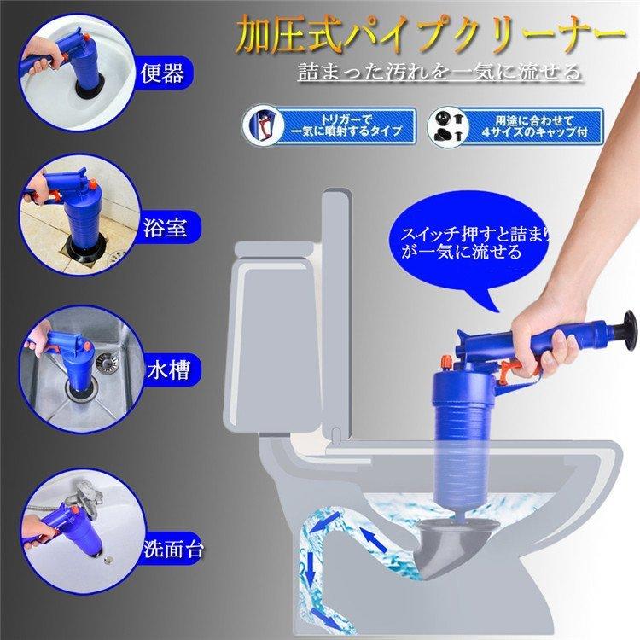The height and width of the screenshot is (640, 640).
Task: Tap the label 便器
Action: click(x=163, y=74)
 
